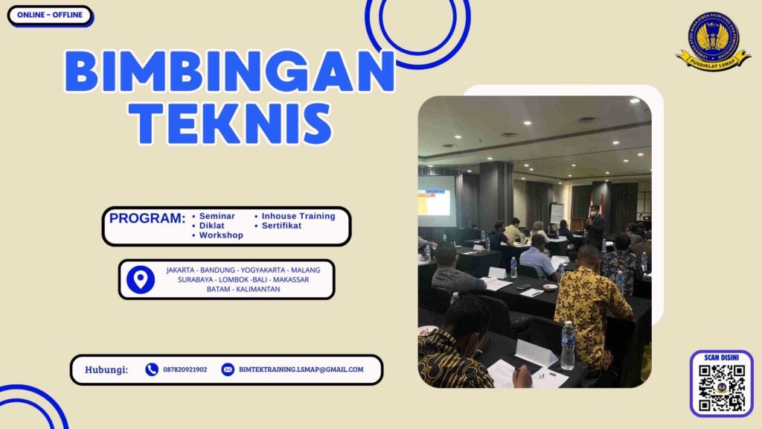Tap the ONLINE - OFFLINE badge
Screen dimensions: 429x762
(50, 15)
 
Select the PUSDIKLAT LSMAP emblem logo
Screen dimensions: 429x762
(713, 40)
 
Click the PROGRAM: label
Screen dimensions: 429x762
(147, 218)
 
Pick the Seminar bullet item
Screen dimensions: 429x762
(217, 216)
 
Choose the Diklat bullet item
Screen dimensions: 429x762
(213, 226)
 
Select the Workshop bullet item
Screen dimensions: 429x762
(221, 235)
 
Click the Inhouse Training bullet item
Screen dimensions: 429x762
(298, 216)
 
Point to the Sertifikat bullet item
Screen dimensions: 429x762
(281, 226)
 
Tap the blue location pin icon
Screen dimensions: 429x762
(141, 279)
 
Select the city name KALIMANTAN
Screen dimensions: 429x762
(257, 289)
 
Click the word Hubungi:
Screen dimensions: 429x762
(106, 369)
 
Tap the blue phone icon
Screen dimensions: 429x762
(152, 369)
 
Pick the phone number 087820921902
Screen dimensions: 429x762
(185, 369)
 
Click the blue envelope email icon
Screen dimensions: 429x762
(228, 369)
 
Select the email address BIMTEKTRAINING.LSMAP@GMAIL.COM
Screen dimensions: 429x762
(301, 369)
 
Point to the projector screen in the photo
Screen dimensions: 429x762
(434, 196)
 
